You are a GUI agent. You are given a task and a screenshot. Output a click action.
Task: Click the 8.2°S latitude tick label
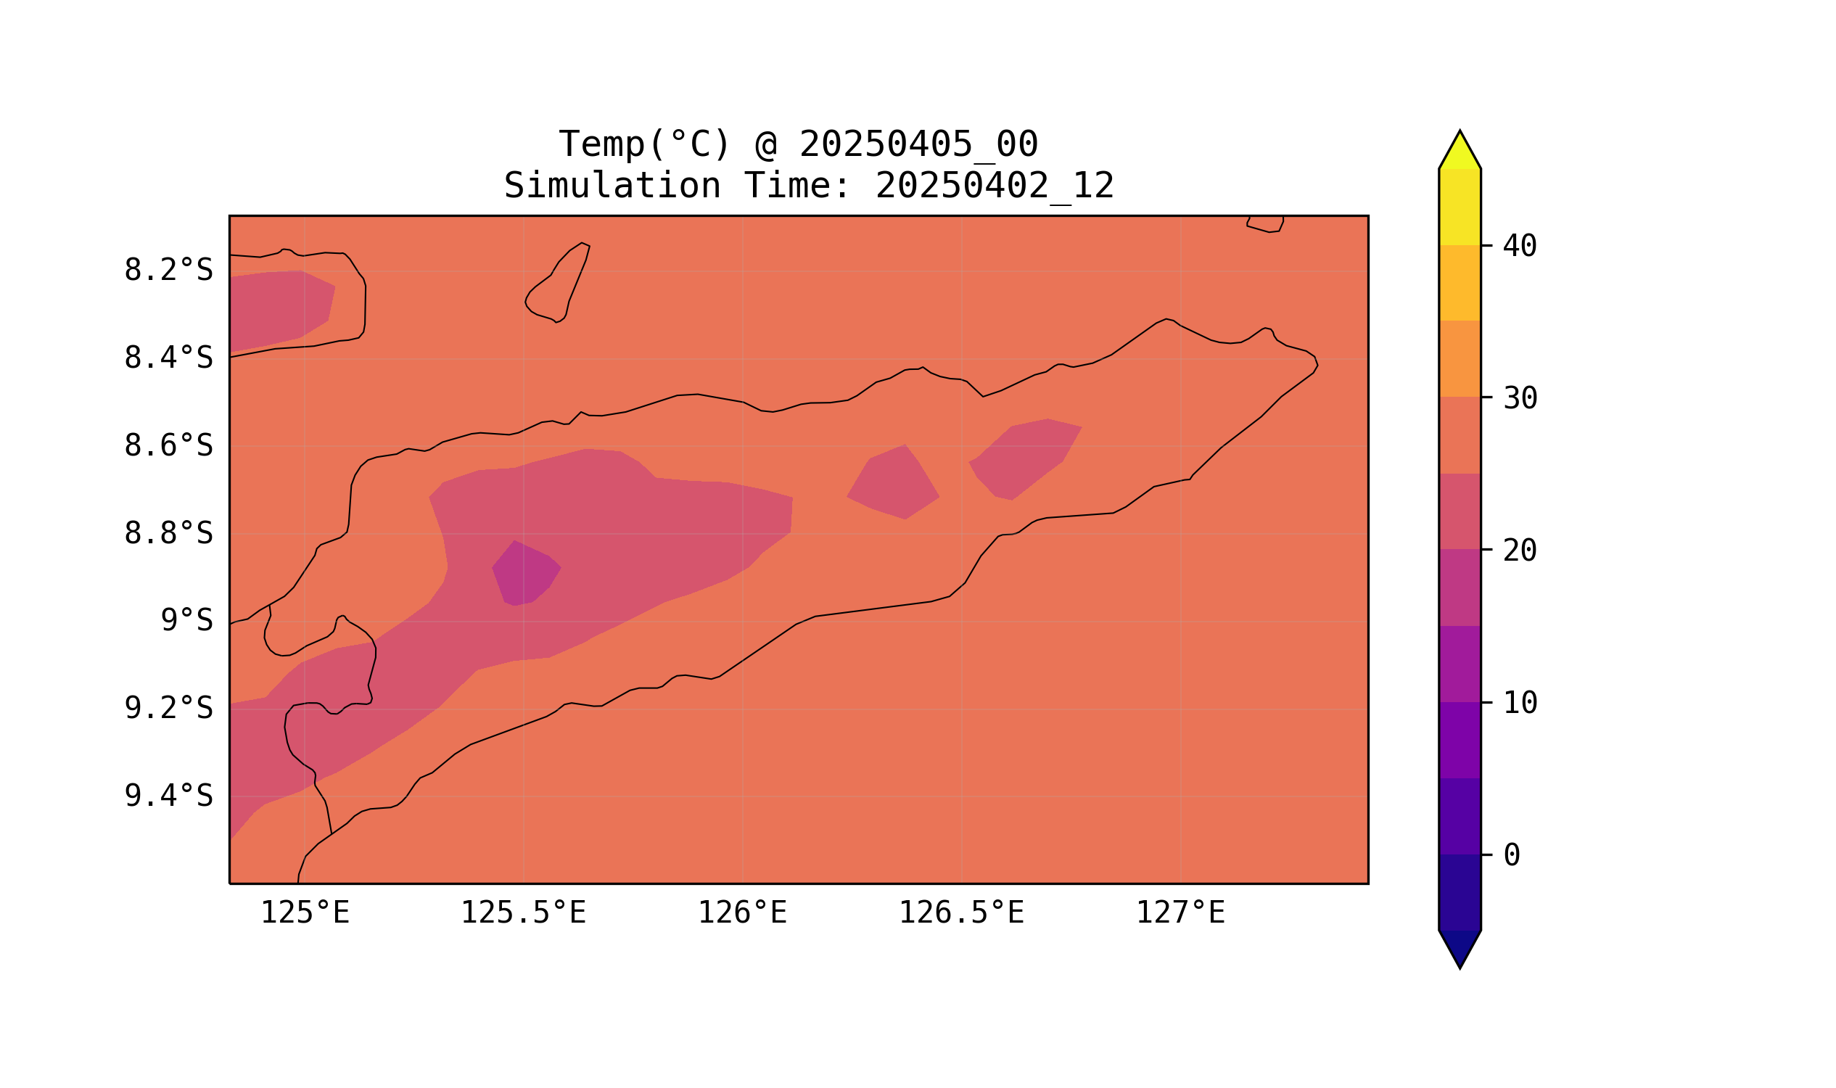[x=168, y=271]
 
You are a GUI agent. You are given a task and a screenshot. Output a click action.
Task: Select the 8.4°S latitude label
[x=168, y=358]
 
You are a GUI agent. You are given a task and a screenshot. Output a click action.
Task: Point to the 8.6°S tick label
[x=168, y=446]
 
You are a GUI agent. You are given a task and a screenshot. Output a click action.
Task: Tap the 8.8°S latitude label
[x=168, y=534]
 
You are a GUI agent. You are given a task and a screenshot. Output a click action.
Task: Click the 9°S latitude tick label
[x=186, y=621]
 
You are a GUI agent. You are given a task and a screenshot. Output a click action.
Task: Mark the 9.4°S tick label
[x=168, y=796]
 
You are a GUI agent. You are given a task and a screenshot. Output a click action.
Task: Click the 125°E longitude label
[x=305, y=913]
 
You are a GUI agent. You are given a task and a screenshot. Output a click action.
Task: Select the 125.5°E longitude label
[x=523, y=913]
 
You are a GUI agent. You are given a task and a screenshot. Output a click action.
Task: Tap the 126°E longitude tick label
[x=742, y=913]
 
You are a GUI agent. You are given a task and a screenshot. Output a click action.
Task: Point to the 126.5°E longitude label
[x=961, y=913]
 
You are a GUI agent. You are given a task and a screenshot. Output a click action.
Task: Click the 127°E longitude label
[x=1180, y=913]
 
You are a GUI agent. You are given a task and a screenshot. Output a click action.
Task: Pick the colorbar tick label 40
[x=1520, y=247]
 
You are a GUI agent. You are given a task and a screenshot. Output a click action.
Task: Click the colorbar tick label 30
[x=1520, y=399]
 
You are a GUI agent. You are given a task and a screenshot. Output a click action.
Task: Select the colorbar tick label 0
[x=1512, y=856]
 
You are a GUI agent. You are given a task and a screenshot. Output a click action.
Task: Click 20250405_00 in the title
[x=918, y=144]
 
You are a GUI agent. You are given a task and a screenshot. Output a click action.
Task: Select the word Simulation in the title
[x=612, y=186]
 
